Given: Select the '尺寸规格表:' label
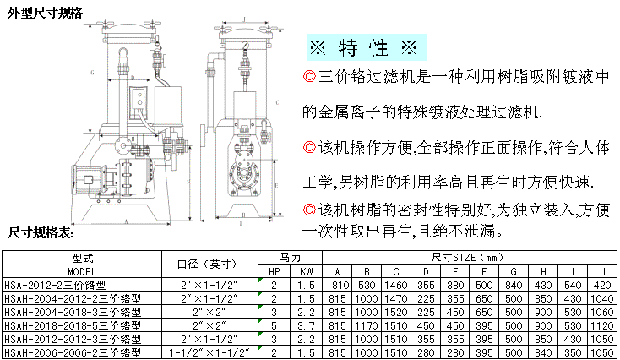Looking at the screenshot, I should pos(43,231).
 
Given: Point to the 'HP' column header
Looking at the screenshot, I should pos(275,271).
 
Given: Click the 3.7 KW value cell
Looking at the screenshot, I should pos(305,324).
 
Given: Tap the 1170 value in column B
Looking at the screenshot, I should pos(367,324).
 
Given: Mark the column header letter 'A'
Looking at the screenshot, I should pos(338,271).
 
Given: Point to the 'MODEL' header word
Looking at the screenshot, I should pos(82,271).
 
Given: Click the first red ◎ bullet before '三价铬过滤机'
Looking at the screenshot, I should pos(309,77).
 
